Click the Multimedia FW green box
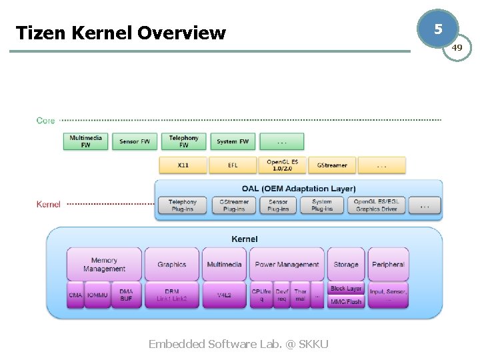tap(86, 141)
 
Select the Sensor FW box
tap(135, 141)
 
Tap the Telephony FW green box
tap(183, 141)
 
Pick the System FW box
tap(233, 141)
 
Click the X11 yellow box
tap(183, 165)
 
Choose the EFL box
tap(233, 165)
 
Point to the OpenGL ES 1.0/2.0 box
tap(283, 165)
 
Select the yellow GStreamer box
tap(332, 165)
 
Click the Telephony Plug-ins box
tap(183, 205)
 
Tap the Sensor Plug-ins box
tap(278, 205)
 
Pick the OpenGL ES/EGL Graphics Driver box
tap(376, 205)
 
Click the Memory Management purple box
tap(104, 264)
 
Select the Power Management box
tap(287, 264)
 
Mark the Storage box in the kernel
tap(346, 264)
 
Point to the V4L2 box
tap(224, 295)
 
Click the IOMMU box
tap(97, 295)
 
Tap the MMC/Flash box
tap(346, 301)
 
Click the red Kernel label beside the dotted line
tap(48, 204)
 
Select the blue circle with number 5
tap(437, 29)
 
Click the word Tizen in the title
tap(36, 33)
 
